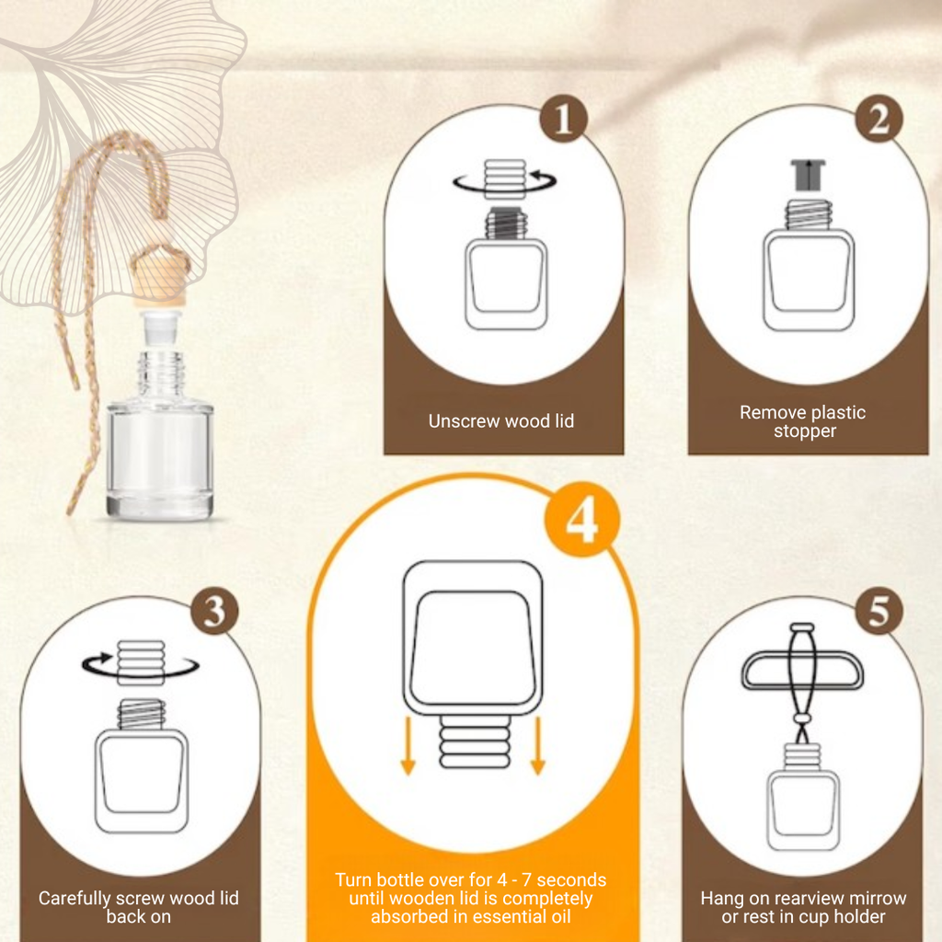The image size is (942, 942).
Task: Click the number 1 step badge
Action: click(x=563, y=119)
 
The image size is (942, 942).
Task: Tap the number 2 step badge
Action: click(x=879, y=119)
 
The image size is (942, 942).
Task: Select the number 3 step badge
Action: click(x=214, y=612)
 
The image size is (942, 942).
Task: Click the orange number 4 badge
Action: click(x=581, y=520)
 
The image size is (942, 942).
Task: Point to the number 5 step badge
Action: click(x=879, y=612)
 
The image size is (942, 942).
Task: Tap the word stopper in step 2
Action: click(x=805, y=431)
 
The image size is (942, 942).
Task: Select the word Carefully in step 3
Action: click(x=75, y=899)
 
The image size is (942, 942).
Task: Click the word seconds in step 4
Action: click(x=571, y=880)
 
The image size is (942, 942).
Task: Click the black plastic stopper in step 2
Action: click(x=809, y=175)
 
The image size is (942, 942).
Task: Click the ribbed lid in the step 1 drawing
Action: click(x=505, y=178)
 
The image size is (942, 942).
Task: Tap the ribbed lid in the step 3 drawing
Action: click(x=141, y=662)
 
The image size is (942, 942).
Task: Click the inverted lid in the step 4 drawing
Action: click(x=476, y=741)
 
